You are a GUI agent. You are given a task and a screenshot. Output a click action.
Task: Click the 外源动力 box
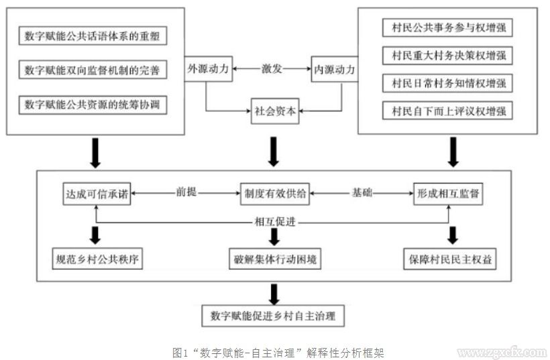tap(206, 69)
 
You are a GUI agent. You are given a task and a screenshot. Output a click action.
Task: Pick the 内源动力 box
tap(334, 69)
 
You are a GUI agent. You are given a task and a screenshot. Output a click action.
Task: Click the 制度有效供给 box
tap(272, 193)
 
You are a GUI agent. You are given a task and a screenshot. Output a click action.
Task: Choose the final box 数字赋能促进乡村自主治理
tap(273, 316)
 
